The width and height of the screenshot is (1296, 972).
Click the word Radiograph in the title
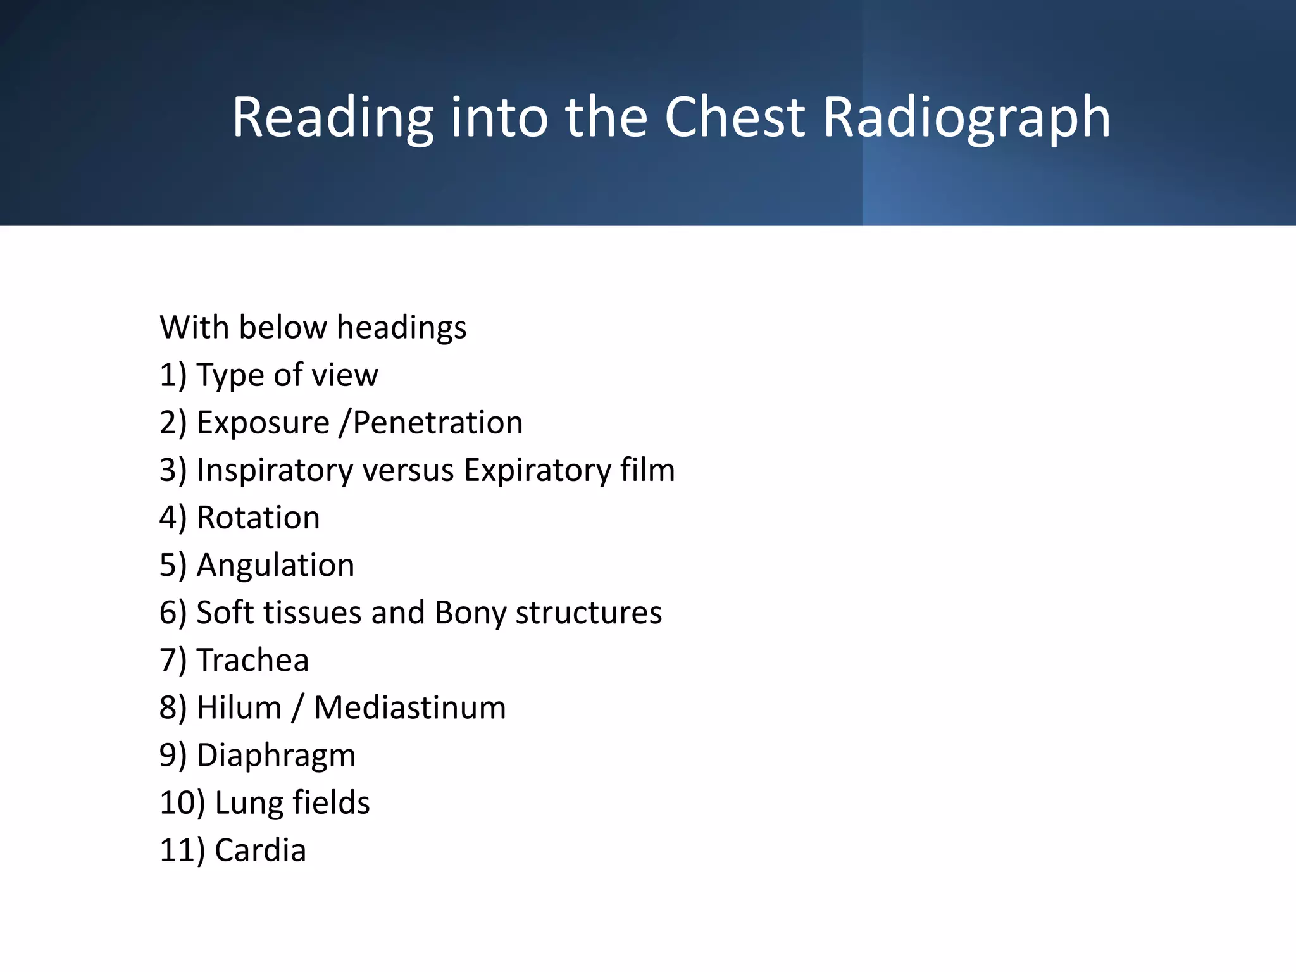pos(966,118)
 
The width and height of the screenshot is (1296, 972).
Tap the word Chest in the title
pos(734,118)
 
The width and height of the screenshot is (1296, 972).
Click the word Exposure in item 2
pos(263,423)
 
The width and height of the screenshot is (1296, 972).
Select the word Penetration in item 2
pos(438,423)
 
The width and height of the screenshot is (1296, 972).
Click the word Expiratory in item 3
pos(537,470)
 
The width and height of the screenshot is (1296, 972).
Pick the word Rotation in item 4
pos(258,518)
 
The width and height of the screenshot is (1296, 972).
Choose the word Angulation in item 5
pos(275,565)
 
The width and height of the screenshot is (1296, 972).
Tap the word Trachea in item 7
pos(252,660)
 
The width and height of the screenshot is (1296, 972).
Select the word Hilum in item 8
pos(239,707)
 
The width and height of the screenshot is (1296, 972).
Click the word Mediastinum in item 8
pos(410,707)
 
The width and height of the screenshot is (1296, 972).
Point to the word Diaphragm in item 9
pos(276,755)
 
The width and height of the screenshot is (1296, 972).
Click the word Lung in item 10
pos(249,802)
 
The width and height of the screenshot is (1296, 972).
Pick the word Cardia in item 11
pos(260,850)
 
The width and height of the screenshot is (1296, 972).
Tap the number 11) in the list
pos(182,850)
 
